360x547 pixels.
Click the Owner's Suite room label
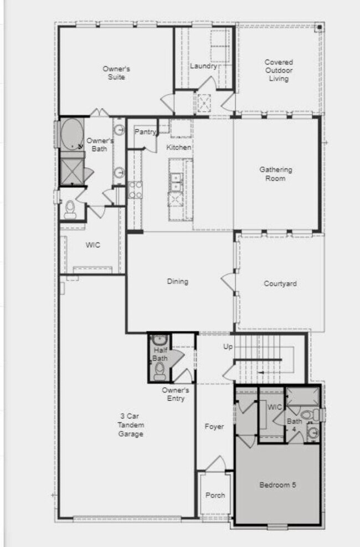click(116, 73)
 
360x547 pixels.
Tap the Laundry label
click(203, 67)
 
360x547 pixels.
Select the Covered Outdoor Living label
click(279, 70)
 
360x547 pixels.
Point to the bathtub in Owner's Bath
click(71, 134)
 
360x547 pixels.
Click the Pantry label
click(145, 132)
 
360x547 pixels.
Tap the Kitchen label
click(179, 147)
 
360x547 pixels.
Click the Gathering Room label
click(276, 174)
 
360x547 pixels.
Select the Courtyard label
click(280, 284)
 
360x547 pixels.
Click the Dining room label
click(178, 282)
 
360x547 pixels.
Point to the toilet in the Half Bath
click(160, 370)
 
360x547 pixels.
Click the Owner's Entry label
click(176, 394)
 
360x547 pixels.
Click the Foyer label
click(214, 427)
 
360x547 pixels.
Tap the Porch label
click(215, 495)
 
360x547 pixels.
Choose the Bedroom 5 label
click(278, 485)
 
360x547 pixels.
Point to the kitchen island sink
click(176, 178)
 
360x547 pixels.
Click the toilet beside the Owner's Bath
click(70, 208)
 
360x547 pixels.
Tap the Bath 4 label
click(294, 425)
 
